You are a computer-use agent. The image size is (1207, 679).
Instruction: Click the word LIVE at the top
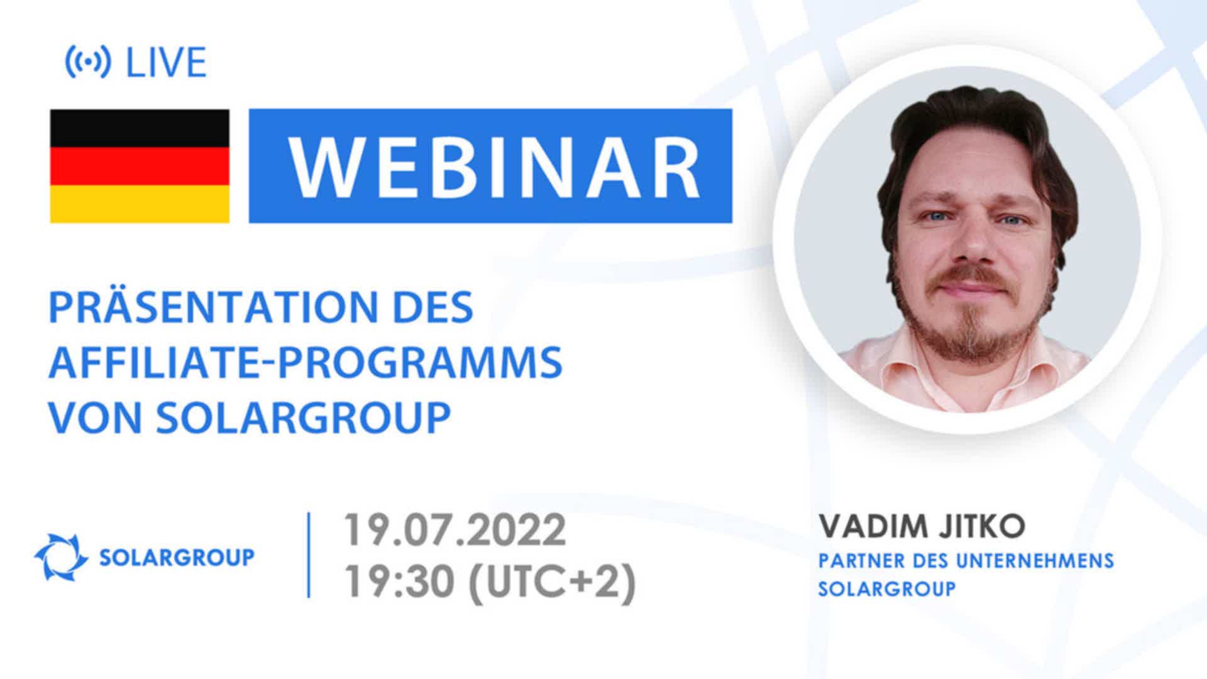click(167, 63)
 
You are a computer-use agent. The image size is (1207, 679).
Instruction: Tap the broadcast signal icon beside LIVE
click(88, 62)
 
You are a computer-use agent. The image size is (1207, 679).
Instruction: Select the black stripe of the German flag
click(140, 128)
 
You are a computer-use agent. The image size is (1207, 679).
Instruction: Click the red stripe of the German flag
click(140, 166)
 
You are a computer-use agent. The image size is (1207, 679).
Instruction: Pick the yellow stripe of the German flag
click(140, 204)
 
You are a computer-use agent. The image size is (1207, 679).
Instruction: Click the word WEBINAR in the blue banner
click(494, 166)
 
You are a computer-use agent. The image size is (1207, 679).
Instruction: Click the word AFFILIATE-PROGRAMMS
click(306, 362)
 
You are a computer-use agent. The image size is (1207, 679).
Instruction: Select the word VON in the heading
click(95, 417)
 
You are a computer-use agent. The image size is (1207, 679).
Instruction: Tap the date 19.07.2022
click(455, 531)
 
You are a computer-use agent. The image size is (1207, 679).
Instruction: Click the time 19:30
click(399, 582)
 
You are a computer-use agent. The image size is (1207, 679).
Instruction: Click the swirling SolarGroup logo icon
click(61, 557)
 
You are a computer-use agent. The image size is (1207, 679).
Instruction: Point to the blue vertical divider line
click(309, 555)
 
